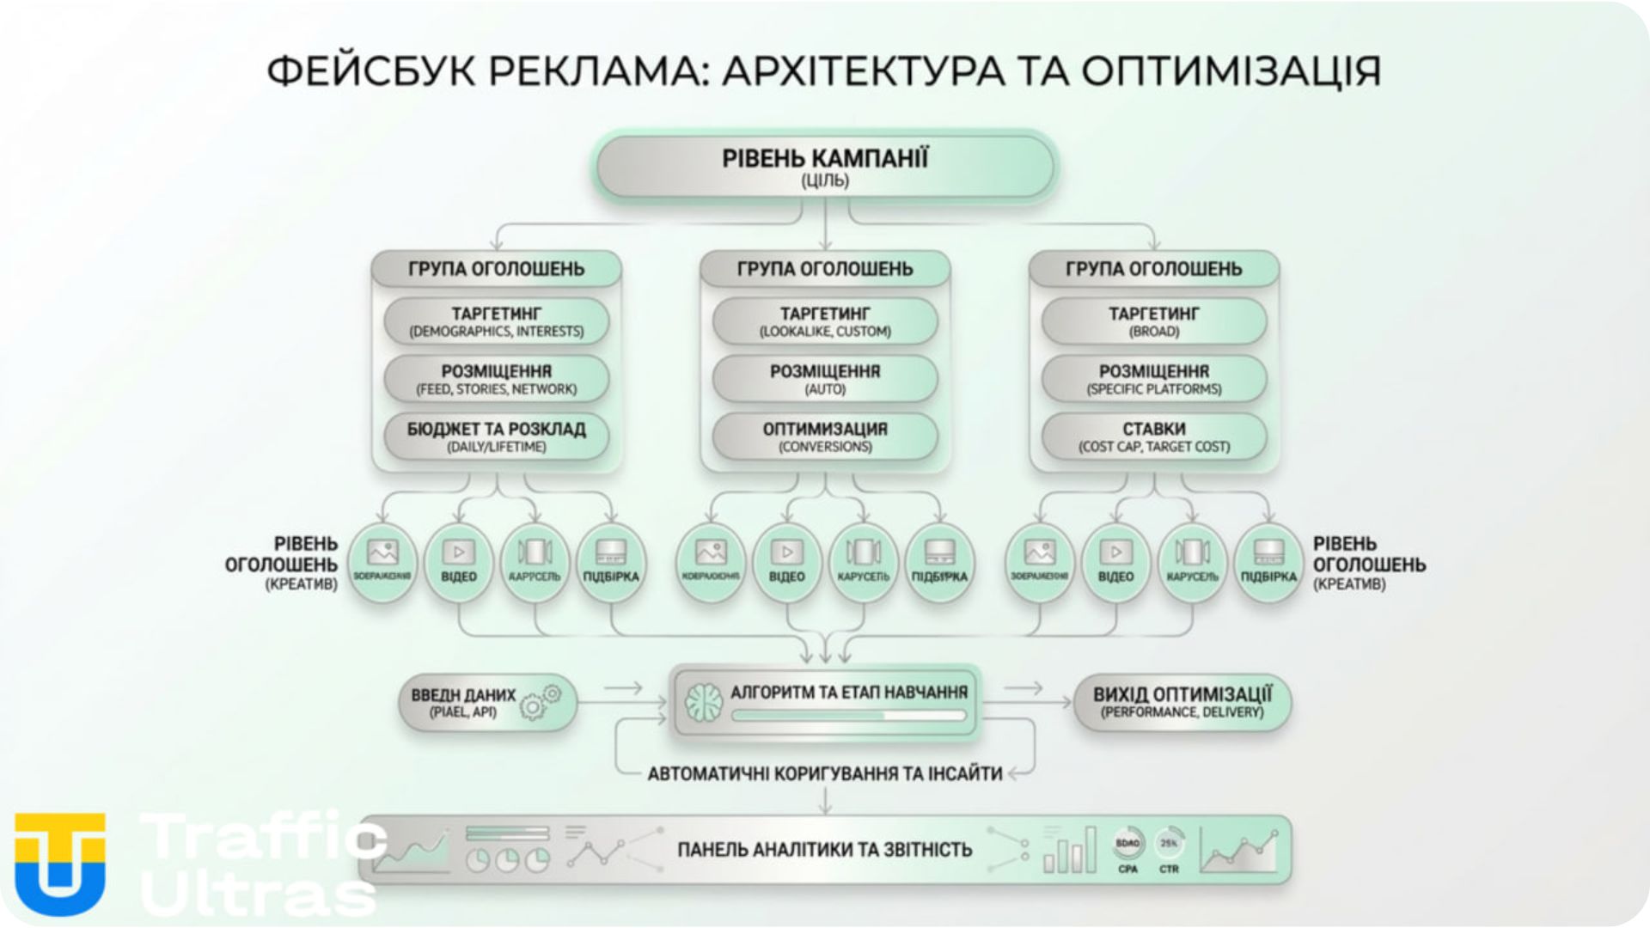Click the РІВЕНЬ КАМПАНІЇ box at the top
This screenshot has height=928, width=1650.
click(825, 168)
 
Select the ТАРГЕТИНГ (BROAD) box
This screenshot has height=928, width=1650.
click(1153, 321)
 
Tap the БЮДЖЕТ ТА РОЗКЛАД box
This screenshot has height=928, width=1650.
click(497, 437)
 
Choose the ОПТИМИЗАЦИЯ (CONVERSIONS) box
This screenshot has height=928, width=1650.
click(825, 437)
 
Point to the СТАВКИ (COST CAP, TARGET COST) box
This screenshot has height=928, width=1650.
click(1153, 437)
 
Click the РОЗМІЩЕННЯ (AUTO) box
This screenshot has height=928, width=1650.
click(825, 379)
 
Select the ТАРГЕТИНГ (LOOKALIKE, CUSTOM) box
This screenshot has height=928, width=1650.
click(825, 321)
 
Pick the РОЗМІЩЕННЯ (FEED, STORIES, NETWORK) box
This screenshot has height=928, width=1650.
click(497, 379)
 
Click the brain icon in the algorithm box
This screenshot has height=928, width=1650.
click(704, 702)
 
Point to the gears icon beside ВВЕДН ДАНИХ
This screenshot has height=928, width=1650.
click(541, 702)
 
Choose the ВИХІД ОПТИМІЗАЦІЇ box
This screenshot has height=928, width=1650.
click(1182, 702)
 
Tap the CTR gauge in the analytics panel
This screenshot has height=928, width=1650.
click(1169, 846)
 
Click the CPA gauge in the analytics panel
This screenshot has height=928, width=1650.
click(1127, 846)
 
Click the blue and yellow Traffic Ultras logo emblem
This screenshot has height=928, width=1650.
click(60, 864)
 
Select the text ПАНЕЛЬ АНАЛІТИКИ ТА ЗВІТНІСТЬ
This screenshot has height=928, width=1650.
click(825, 850)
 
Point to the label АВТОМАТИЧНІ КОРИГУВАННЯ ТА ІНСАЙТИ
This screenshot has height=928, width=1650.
click(825, 773)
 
